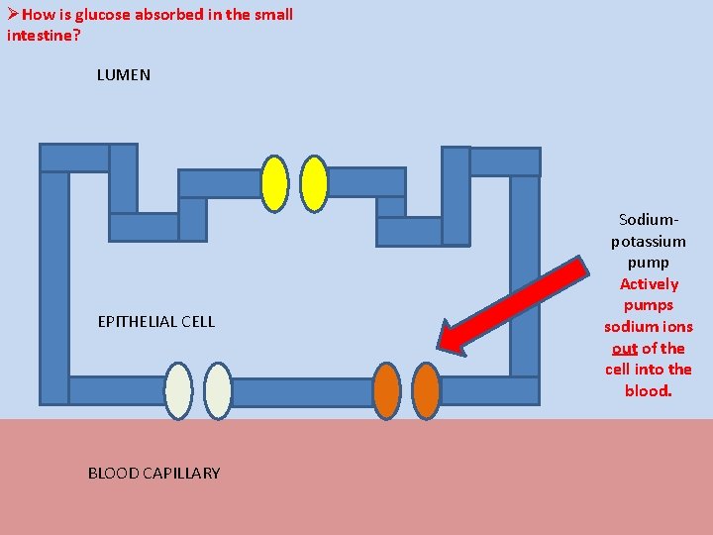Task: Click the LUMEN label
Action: [124, 75]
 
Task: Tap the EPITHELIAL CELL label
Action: [155, 321]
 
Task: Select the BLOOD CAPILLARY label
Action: [153, 473]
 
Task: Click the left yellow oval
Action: [274, 183]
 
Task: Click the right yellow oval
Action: [314, 183]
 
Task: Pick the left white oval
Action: [178, 391]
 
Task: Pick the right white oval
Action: [218, 391]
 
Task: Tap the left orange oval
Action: [386, 391]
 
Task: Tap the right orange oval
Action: [426, 391]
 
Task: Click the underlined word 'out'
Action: [624, 348]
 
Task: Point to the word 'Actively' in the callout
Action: [649, 284]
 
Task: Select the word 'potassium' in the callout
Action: [649, 241]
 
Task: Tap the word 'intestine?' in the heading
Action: [44, 35]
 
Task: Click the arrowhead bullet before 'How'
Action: [13, 14]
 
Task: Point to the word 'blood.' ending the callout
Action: [649, 390]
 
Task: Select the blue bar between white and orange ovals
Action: [302, 392]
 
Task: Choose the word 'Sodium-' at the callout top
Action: [649, 219]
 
